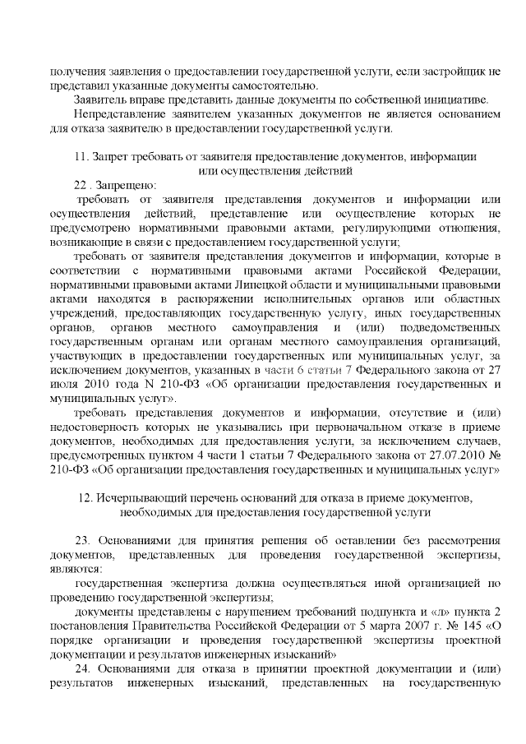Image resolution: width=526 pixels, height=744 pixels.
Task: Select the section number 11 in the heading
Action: click(80, 157)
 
